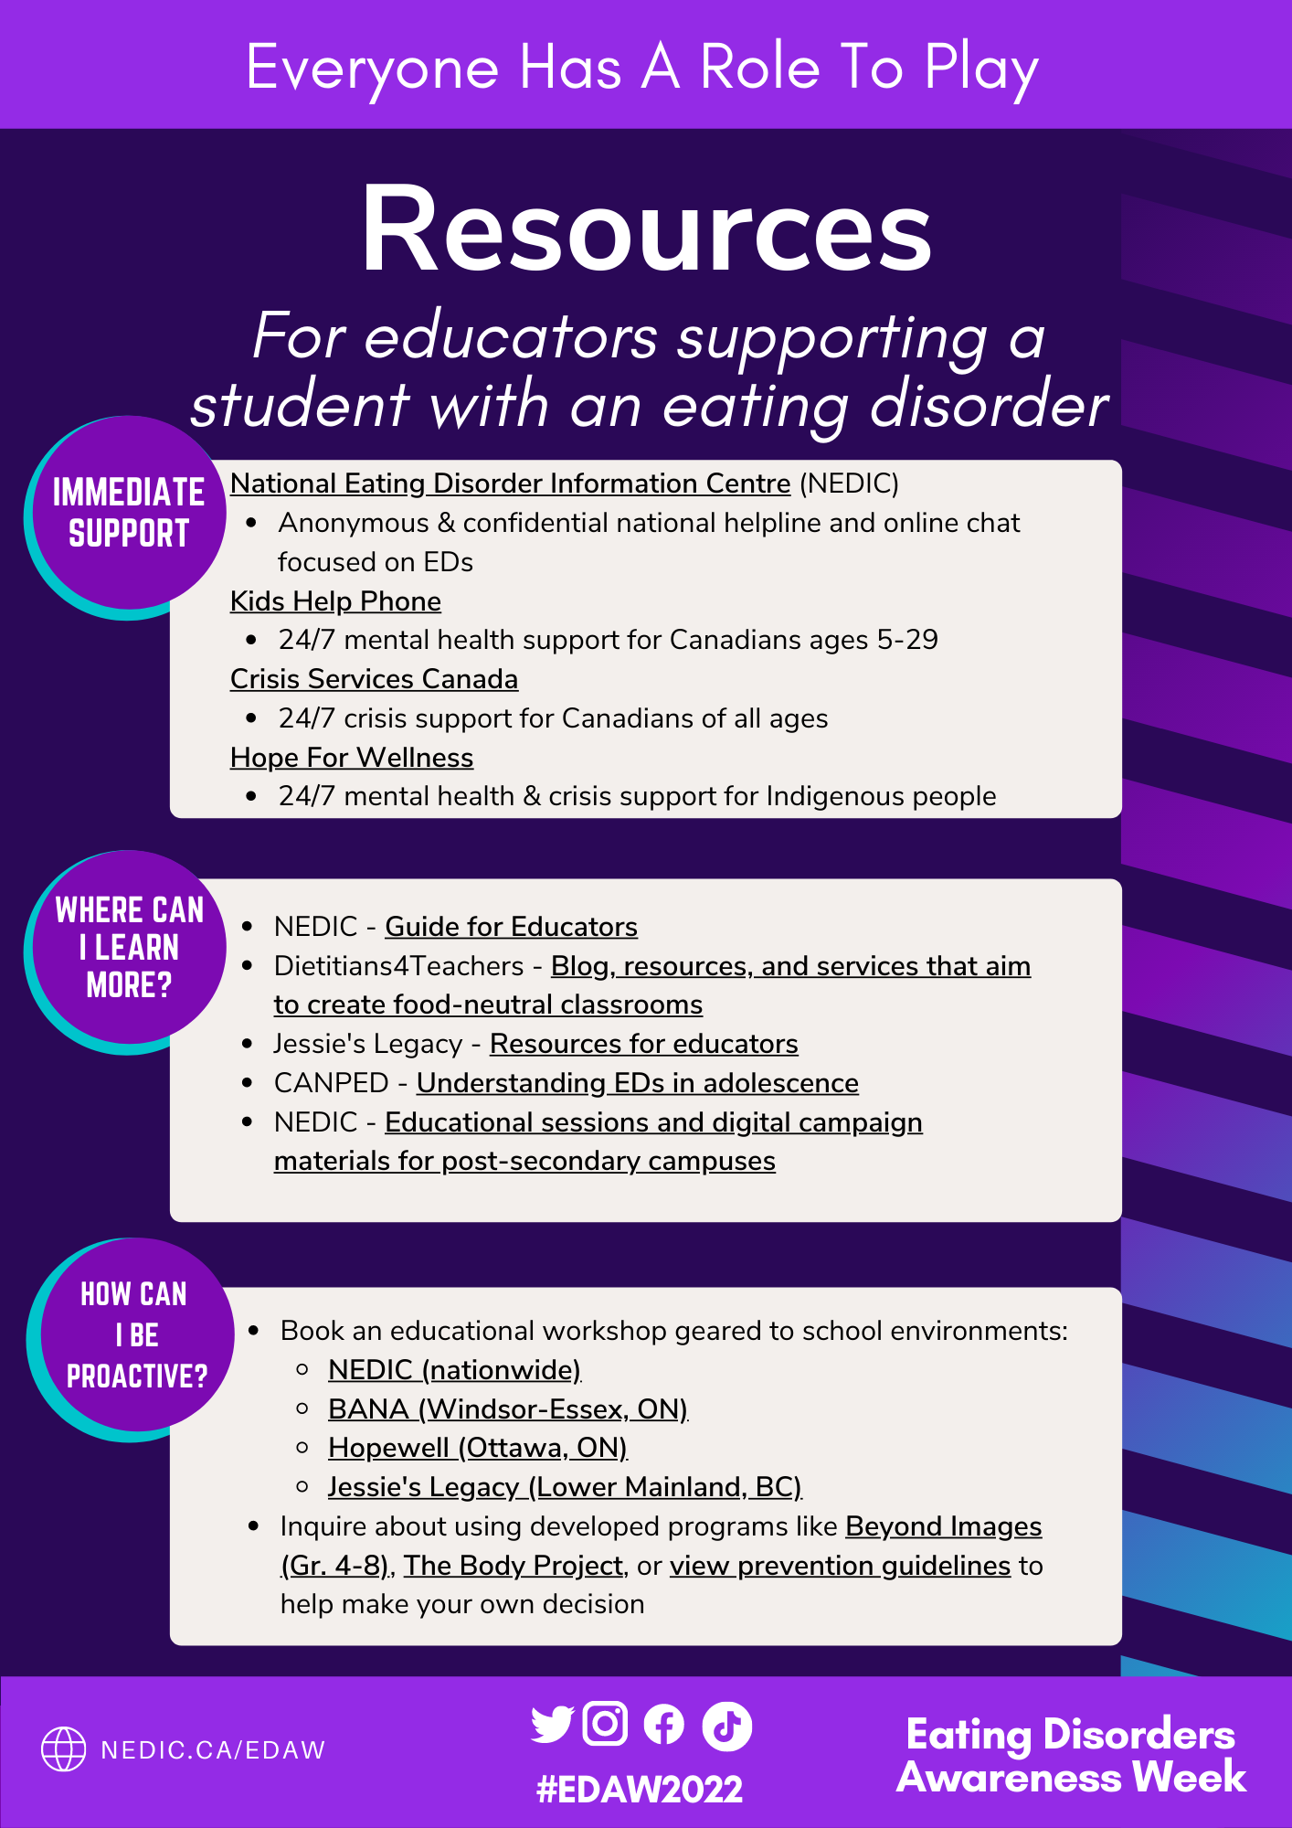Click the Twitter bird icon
[552, 1724]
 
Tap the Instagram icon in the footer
[605, 1724]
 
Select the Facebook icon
[664, 1726]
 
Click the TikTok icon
[726, 1726]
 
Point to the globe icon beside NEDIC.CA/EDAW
[64, 1749]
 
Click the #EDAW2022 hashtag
[640, 1789]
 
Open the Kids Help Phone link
[335, 601]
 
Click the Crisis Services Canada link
[374, 679]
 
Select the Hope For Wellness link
[352, 758]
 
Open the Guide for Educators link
[511, 927]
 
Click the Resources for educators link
[643, 1044]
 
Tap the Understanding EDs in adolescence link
[637, 1083]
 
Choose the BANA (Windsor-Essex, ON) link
[507, 1409]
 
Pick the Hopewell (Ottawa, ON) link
[477, 1448]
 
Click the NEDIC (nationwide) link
[454, 1370]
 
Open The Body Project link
[513, 1566]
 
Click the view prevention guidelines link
[840, 1566]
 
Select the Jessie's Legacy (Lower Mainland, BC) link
[565, 1487]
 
